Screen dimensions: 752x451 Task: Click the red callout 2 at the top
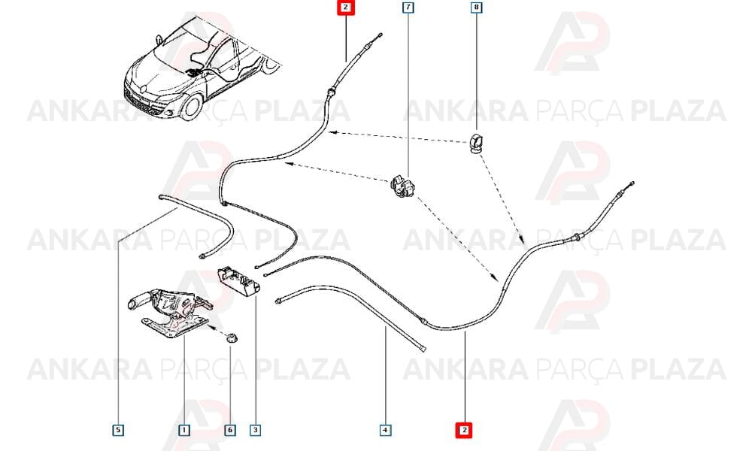tap(346, 8)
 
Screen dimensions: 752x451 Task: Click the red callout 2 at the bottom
tap(464, 430)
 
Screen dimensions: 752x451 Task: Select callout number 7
tap(408, 8)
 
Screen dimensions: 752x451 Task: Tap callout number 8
tap(476, 8)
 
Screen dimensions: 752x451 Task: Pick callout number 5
tap(118, 430)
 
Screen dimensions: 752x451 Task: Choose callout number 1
tap(183, 430)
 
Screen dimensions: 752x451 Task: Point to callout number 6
tap(230, 430)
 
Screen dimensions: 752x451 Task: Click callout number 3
tap(255, 430)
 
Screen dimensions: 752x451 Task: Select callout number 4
tap(385, 430)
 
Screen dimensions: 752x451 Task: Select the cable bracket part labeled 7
tap(403, 186)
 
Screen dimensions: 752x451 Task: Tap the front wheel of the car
tap(193, 107)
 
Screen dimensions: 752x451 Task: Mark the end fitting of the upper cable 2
tap(379, 35)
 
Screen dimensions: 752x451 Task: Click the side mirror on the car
tap(159, 38)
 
